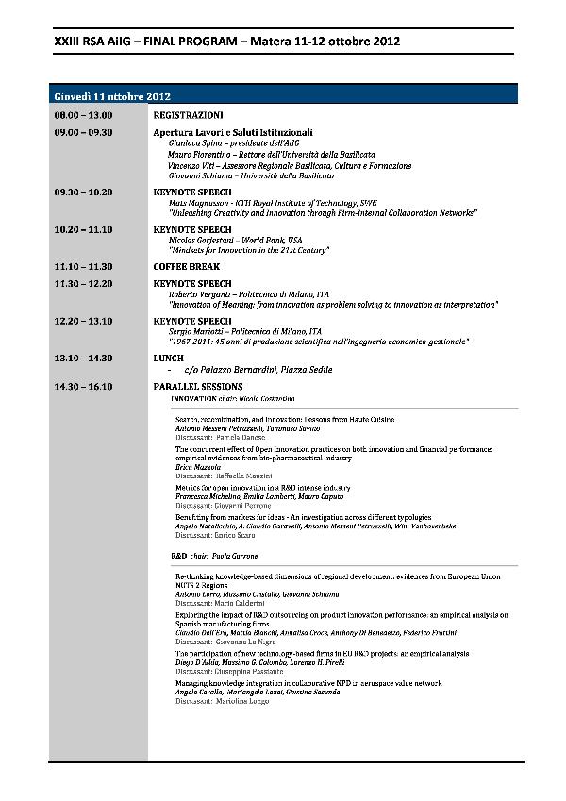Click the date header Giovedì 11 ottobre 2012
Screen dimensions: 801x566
click(111, 97)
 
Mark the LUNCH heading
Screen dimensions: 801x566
click(168, 359)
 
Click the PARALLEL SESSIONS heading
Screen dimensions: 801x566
click(197, 387)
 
